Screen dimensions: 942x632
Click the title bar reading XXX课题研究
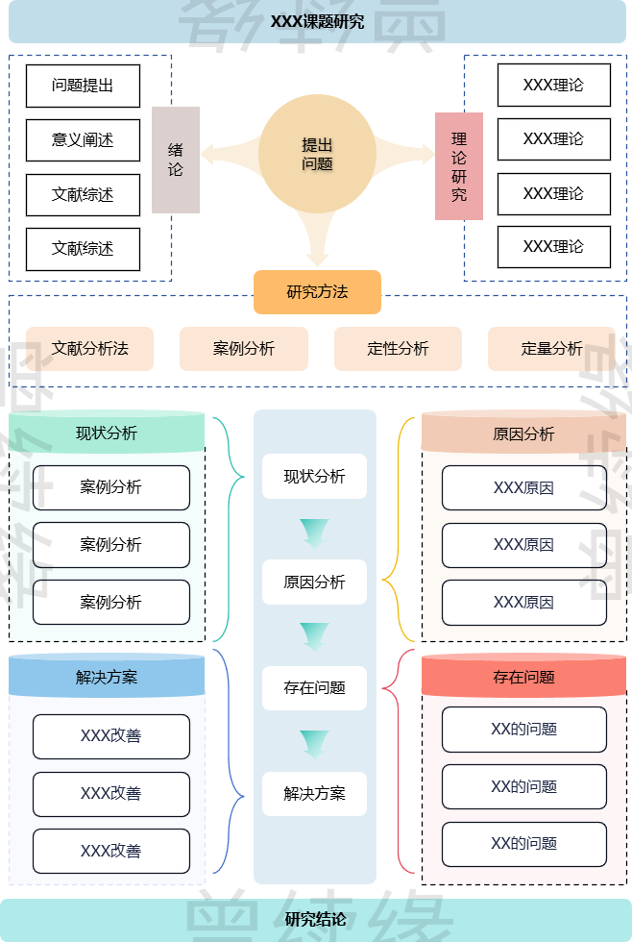pos(317,22)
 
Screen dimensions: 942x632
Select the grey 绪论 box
pos(176,160)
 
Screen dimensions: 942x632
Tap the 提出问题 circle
pos(317,154)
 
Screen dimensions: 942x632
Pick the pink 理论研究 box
pos(459,166)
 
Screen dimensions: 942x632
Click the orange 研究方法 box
pos(317,292)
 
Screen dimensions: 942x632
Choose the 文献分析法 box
pos(90,349)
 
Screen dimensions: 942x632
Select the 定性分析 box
pos(398,349)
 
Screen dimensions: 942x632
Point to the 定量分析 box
pos(551,349)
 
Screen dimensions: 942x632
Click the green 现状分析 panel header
pos(107,433)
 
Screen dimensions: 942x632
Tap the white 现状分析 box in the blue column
pos(314,477)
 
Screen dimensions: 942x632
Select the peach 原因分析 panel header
pos(523,434)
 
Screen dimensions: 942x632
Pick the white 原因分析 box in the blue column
pos(314,583)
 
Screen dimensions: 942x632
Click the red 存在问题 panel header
pos(523,678)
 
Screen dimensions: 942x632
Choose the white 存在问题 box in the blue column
pos(314,688)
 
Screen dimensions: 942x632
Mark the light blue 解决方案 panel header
pos(107,678)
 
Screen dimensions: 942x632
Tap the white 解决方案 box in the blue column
pos(314,794)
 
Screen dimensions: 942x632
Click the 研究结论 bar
pos(316,920)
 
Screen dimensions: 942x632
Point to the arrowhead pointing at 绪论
pos(208,154)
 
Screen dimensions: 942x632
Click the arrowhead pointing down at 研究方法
pos(318,257)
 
